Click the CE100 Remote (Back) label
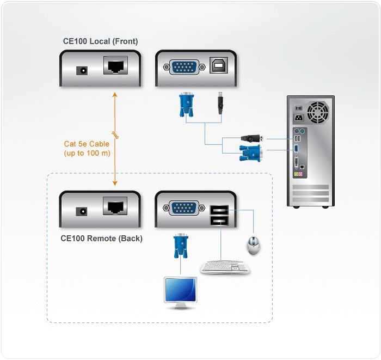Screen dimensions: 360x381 tap(102, 238)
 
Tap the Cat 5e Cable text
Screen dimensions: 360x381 tap(87, 144)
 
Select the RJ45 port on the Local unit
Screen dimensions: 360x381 tap(116, 66)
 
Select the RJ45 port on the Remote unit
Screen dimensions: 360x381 tap(116, 206)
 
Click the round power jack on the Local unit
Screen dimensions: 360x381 tap(83, 70)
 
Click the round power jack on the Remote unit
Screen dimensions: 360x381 tap(83, 211)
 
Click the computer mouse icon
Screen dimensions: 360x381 tap(254, 245)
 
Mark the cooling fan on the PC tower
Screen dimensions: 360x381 tap(317, 113)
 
